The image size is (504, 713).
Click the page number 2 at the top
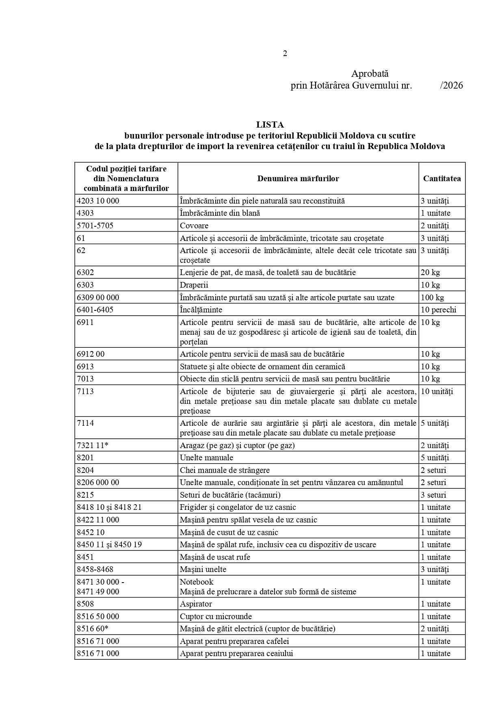coord(285,54)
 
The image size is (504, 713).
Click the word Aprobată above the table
coord(370,74)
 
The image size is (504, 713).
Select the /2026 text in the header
coord(451,85)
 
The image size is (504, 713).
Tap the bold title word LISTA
coord(270,125)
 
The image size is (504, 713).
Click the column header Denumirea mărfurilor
coord(298,178)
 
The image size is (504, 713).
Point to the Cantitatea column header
coord(442,178)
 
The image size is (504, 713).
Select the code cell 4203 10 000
coord(98,201)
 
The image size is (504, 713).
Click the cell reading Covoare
coord(194,225)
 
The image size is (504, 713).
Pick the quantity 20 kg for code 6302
coord(430,272)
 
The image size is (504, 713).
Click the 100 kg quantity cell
coord(433,297)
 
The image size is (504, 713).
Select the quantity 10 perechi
coord(439,310)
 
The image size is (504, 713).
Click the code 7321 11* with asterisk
coord(93,445)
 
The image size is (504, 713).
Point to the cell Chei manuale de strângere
coord(225,470)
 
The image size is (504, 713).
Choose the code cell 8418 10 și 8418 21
coord(109,507)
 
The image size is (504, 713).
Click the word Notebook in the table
coord(197,582)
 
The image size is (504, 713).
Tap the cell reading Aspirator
coord(196,604)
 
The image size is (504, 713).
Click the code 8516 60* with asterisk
coord(93,628)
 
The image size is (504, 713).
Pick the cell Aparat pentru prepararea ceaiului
coord(236,653)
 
